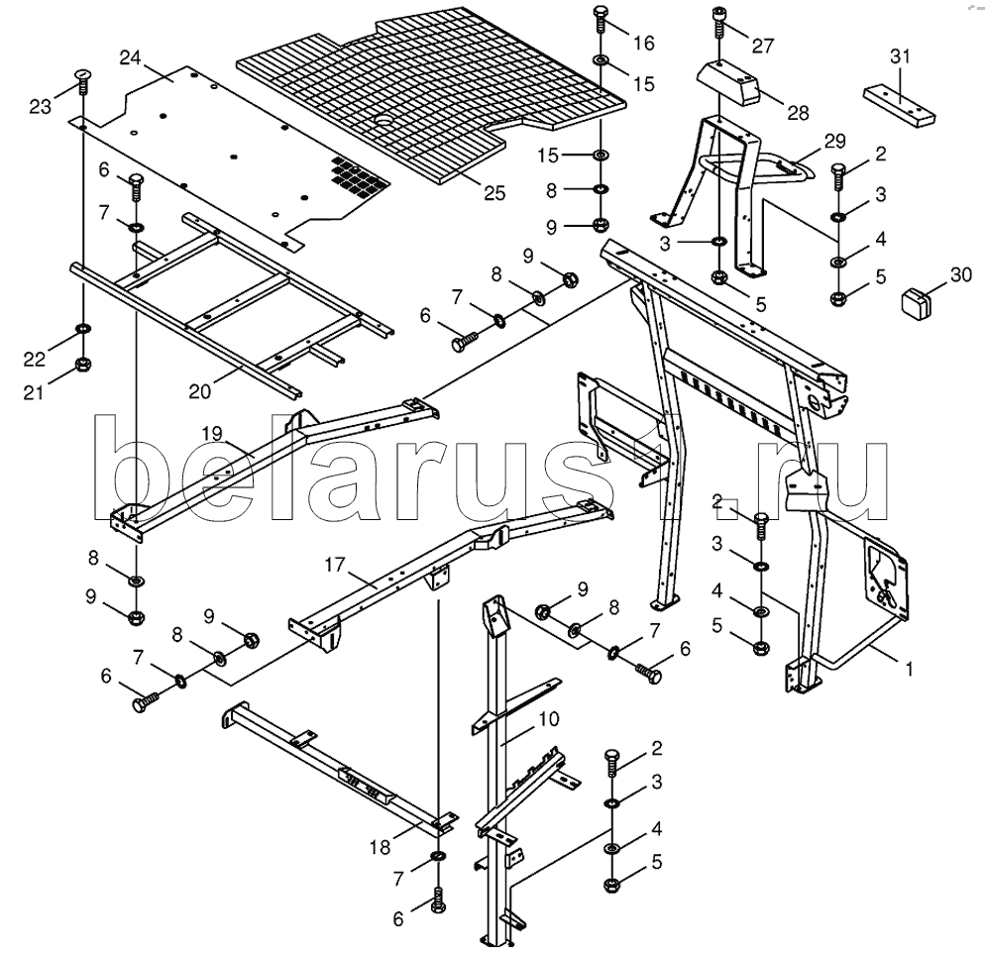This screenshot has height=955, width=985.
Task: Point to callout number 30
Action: point(960,276)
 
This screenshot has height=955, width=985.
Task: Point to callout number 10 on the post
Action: point(549,717)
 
